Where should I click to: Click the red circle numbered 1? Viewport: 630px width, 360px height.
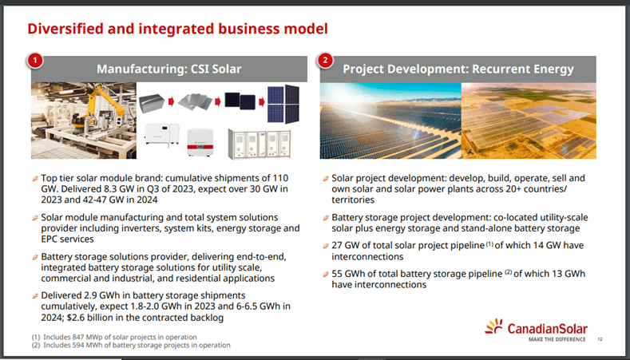click(37, 61)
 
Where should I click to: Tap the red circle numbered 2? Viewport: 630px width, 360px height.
click(326, 61)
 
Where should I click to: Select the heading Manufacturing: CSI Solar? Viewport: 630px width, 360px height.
click(169, 69)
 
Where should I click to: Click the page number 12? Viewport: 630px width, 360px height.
click(599, 339)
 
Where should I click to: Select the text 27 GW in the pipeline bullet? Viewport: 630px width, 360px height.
click(345, 245)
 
